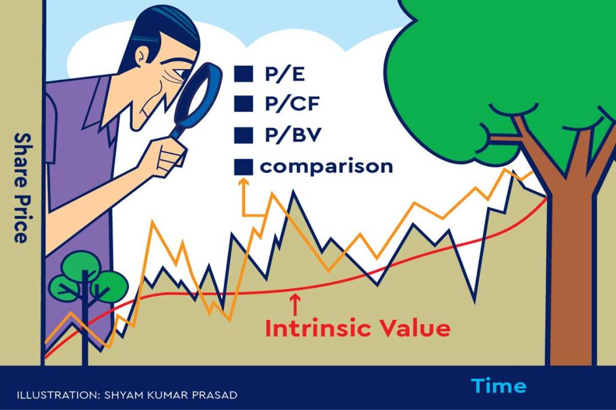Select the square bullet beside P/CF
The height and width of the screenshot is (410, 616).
tap(244, 104)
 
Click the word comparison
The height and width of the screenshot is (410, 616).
tap(326, 166)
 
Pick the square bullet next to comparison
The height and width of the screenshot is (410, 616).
tap(244, 167)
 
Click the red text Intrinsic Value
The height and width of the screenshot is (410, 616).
tap(357, 328)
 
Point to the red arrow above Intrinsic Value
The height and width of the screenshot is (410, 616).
tap(294, 303)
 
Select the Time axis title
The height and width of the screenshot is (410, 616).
tap(498, 385)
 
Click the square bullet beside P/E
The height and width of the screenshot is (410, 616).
tap(244, 75)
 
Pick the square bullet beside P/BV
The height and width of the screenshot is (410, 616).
tap(244, 135)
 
